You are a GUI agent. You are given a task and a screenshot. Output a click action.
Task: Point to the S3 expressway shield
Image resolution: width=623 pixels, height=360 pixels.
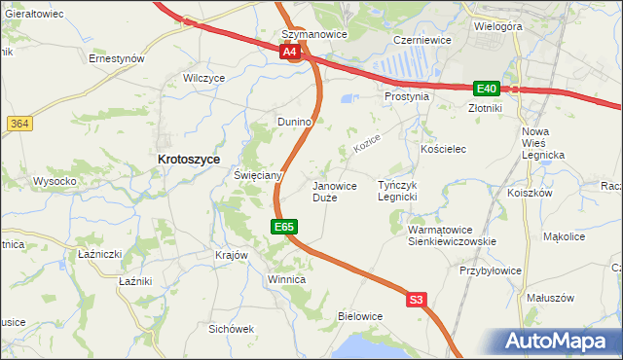(417, 301)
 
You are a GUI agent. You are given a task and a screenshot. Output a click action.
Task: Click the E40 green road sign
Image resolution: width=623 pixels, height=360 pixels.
(487, 88)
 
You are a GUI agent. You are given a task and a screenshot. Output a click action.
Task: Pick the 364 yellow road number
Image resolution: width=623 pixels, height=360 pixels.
(18, 124)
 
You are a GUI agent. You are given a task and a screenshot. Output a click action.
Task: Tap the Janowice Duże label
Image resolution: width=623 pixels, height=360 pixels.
(334, 191)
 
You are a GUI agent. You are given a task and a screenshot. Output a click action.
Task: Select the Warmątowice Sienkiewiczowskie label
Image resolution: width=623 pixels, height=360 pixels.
(452, 235)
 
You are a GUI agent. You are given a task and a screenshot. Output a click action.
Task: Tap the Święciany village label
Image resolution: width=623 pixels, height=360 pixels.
(258, 175)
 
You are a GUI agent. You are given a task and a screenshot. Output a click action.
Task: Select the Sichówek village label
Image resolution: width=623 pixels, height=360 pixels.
(231, 329)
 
